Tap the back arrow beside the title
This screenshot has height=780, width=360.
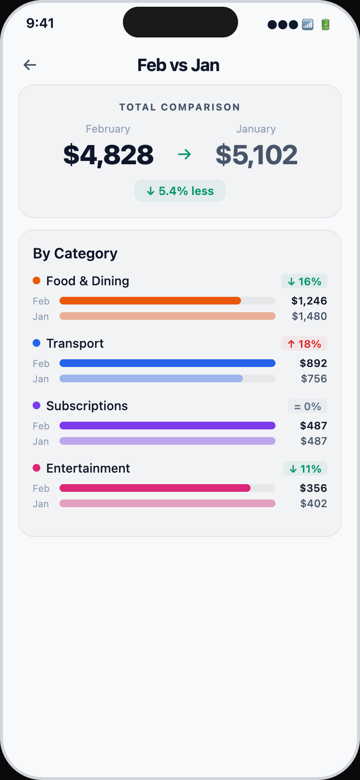tap(30, 65)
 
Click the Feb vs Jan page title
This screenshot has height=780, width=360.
tap(179, 65)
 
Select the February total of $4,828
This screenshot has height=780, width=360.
tap(108, 155)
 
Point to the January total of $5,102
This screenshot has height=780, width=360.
tap(256, 155)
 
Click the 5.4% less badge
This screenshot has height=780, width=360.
tap(180, 191)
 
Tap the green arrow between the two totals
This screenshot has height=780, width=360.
tap(184, 154)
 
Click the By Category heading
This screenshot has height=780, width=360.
tap(75, 254)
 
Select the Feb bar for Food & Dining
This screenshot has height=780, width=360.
tap(150, 301)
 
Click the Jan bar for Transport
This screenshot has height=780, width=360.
tap(151, 378)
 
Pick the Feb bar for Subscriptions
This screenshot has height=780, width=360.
tap(168, 426)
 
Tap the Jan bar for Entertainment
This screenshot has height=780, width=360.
tap(168, 503)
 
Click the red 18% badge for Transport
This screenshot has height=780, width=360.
tap(304, 344)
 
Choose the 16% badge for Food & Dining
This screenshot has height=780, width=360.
tap(304, 281)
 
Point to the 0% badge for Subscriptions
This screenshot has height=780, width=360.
tap(308, 406)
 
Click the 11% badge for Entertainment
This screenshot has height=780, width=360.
tap(305, 469)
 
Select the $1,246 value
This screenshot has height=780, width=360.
tap(309, 301)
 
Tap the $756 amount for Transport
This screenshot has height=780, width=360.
tap(314, 379)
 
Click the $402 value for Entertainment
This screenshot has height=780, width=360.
tap(313, 504)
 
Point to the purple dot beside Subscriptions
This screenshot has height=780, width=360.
tap(36, 406)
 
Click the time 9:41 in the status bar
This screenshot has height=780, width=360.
tap(40, 23)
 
